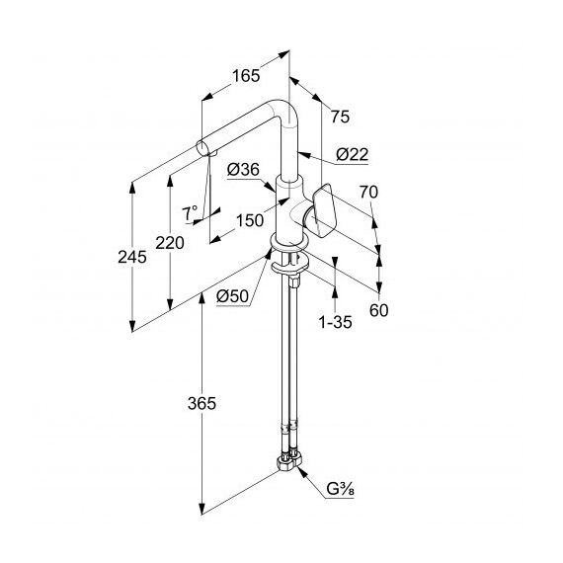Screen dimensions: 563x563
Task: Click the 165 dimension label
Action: (x=246, y=76)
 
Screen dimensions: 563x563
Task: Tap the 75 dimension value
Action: (x=340, y=117)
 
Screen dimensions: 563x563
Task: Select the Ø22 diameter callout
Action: (x=353, y=154)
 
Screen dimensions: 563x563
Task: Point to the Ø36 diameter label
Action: (x=243, y=169)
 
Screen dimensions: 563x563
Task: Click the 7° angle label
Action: (x=190, y=213)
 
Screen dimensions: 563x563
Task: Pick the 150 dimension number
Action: (x=250, y=220)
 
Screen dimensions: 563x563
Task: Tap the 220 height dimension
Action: (x=170, y=243)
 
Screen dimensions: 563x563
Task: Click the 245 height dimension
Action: (x=132, y=257)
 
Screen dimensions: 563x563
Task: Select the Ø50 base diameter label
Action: (x=233, y=296)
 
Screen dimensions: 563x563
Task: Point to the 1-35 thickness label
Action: (x=335, y=322)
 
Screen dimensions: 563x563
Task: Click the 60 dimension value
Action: (x=379, y=310)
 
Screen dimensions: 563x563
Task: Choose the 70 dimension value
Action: (x=368, y=192)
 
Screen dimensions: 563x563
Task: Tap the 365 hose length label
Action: (x=201, y=404)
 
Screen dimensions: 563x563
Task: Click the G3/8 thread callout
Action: (x=340, y=489)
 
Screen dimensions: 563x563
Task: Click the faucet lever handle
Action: (x=325, y=210)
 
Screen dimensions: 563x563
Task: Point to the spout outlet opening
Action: (x=201, y=148)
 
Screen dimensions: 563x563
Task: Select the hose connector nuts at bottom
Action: (x=290, y=461)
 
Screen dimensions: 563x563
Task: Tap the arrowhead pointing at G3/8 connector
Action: (x=302, y=473)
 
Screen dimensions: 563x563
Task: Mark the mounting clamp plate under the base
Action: (x=290, y=264)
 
